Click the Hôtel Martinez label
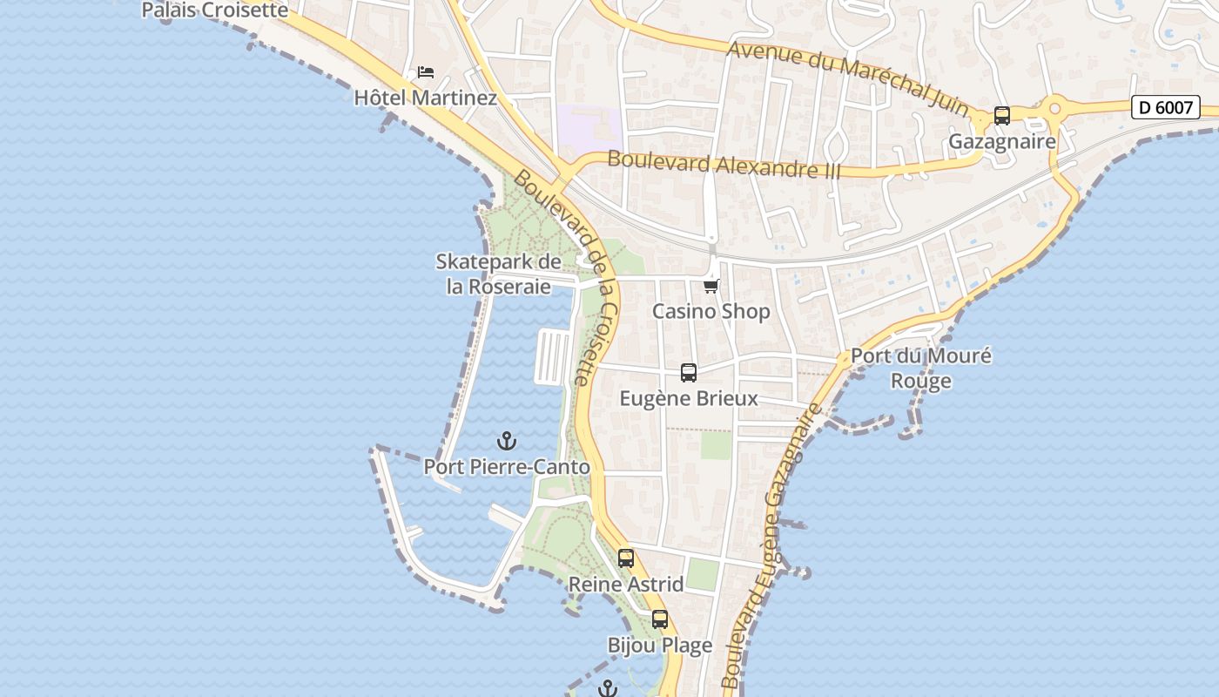[x=425, y=98]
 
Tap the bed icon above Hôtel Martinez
[x=425, y=71]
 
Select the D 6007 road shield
[x=1165, y=107]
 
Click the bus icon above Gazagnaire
[x=1002, y=116]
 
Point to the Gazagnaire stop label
[x=1001, y=141]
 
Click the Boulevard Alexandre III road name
[x=724, y=165]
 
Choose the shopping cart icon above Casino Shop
[x=711, y=286]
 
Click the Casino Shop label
[x=711, y=311]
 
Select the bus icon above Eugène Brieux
[x=689, y=373]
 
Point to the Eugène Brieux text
[x=689, y=399]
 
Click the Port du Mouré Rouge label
[x=920, y=369]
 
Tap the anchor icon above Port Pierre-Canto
[x=506, y=441]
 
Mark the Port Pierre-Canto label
[x=507, y=467]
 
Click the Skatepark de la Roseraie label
[x=499, y=274]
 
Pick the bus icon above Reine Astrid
[x=626, y=558]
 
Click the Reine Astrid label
[x=626, y=584]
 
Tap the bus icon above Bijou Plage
[x=660, y=619]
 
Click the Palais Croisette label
[x=214, y=10]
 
